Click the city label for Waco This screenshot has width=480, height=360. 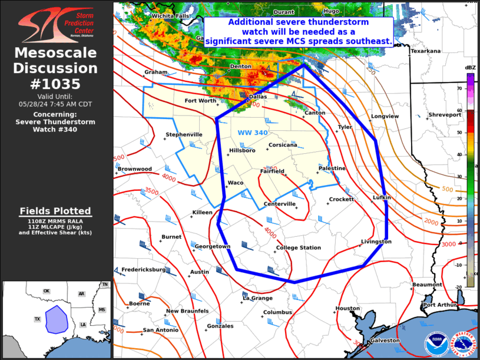click(236, 183)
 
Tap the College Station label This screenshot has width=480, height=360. click(299, 247)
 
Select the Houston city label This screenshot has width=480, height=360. click(347, 308)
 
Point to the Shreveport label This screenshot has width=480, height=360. click(445, 115)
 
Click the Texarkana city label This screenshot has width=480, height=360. click(425, 51)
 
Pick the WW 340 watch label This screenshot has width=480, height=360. click(253, 133)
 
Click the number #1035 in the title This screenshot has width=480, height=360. click(55, 83)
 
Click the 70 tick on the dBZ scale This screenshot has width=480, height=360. click(459, 88)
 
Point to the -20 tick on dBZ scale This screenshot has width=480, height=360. click(459, 287)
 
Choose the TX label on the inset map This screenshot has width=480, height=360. click(37, 319)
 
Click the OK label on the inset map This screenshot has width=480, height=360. click(47, 291)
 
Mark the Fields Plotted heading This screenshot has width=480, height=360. click(55, 210)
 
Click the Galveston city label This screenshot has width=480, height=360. click(384, 340)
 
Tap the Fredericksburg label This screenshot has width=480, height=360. click(144, 269)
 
